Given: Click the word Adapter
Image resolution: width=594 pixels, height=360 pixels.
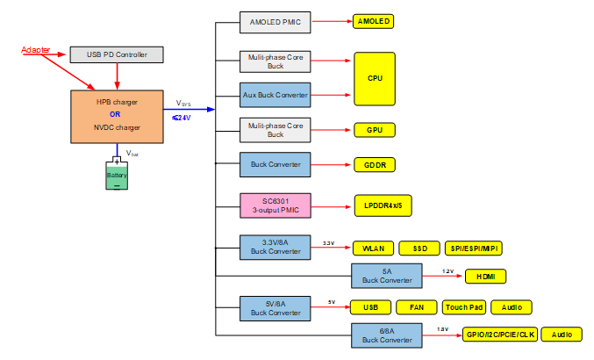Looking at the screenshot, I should (x=35, y=49).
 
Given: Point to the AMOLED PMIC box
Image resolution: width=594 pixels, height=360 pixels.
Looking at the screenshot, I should (x=275, y=22).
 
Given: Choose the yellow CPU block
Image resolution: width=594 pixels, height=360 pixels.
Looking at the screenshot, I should (x=374, y=78).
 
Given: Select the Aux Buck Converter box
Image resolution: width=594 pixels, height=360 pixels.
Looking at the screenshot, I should (x=275, y=94).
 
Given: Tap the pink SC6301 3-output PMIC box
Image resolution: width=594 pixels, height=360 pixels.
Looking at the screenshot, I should (x=275, y=207).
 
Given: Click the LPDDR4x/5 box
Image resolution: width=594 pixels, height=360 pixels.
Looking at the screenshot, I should (x=383, y=206).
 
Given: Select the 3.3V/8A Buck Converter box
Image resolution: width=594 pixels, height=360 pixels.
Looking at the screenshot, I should (x=275, y=248).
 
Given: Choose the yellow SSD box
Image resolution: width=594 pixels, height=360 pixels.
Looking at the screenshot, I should (x=419, y=248).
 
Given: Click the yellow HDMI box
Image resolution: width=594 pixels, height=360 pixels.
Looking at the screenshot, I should (x=485, y=277).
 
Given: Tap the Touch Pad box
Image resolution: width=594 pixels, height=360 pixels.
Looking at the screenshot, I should (x=462, y=307).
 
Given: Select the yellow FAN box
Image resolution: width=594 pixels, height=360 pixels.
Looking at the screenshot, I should (x=417, y=307).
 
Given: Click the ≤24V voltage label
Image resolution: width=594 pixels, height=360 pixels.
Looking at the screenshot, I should (x=182, y=118).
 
